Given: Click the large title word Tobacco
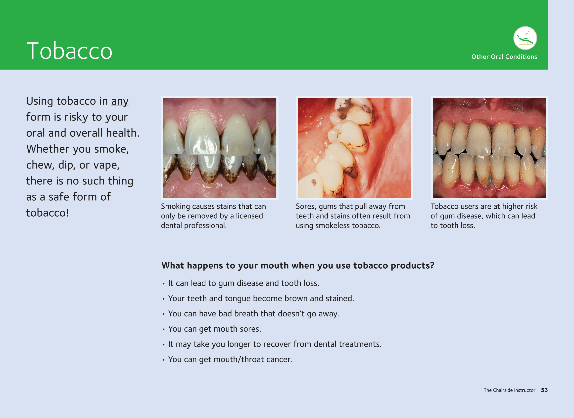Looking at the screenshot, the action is click(69, 51).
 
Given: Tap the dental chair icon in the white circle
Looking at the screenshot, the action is click(525, 38).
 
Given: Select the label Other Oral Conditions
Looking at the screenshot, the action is click(504, 57).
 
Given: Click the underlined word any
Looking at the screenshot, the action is click(120, 101).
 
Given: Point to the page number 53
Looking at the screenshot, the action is click(544, 390).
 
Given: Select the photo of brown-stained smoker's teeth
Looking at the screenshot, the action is click(220, 148).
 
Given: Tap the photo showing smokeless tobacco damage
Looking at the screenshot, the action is click(354, 148).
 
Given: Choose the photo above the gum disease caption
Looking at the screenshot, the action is click(489, 148).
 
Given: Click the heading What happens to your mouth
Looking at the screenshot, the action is click(298, 265).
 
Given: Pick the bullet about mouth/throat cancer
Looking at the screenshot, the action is click(230, 359).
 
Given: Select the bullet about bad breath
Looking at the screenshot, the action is click(253, 314).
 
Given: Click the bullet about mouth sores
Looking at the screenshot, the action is click(214, 329).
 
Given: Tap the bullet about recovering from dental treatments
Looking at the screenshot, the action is click(275, 344).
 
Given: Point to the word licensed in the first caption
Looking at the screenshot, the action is click(249, 216).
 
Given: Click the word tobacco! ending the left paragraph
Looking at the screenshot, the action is click(48, 213).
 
